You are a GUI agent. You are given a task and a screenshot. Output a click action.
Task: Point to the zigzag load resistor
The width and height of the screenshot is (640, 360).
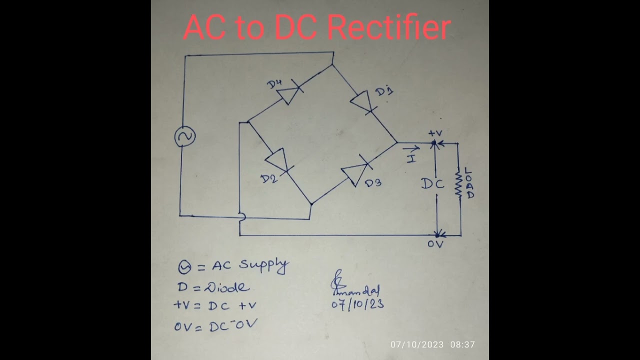click(x=457, y=184)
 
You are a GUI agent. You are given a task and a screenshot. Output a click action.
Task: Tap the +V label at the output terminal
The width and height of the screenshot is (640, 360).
click(x=435, y=133)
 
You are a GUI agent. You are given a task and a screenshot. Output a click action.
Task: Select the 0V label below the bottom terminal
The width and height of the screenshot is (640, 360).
click(x=435, y=244)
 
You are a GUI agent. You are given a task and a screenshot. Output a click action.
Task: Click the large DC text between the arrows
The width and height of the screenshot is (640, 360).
click(x=432, y=184)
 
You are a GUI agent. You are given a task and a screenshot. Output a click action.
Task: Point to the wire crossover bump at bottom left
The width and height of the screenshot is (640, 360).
click(x=241, y=216)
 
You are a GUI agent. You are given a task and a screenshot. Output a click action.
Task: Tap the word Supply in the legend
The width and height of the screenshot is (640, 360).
click(x=263, y=265)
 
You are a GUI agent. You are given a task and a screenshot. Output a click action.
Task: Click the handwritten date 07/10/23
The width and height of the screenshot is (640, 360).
click(x=358, y=303)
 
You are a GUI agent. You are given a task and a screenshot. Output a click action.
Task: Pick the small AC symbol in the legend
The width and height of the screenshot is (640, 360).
click(x=184, y=268)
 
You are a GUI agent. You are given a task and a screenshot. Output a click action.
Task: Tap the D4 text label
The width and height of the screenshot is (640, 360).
click(x=274, y=84)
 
